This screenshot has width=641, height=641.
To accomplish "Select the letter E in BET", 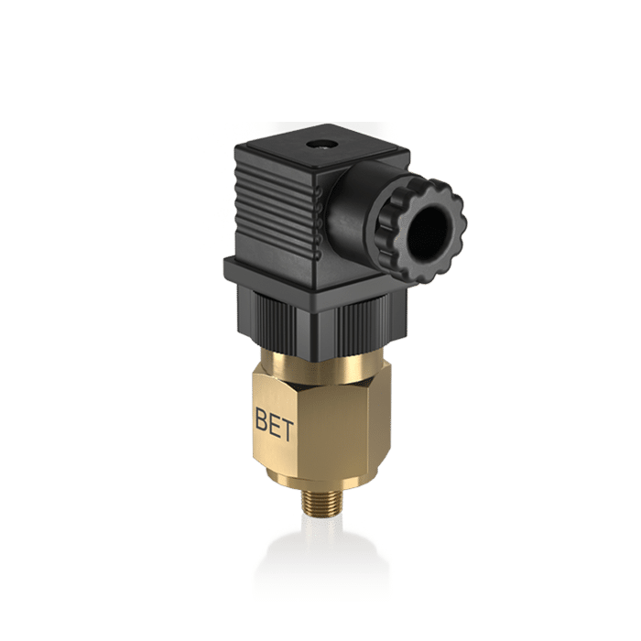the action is point(275,424).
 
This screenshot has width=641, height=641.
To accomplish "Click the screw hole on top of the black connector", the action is point(320,145).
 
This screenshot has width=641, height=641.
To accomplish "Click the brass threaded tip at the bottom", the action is point(319,500).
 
